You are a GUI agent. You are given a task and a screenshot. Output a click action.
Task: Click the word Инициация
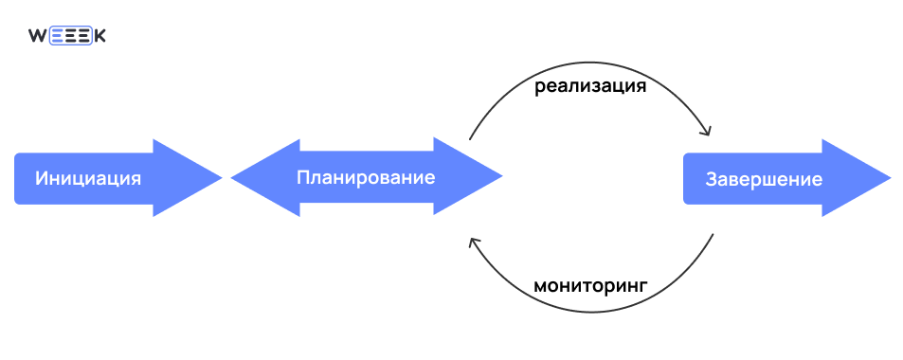tap(88, 178)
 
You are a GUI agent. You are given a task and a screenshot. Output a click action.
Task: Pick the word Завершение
tap(764, 179)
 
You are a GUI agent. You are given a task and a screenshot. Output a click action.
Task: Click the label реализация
tap(590, 87)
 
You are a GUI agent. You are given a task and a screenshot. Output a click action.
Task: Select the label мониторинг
tap(589, 284)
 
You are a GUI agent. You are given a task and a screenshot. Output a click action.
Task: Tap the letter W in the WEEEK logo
tap(38, 36)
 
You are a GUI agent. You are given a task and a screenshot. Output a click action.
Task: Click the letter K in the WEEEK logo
tap(99, 36)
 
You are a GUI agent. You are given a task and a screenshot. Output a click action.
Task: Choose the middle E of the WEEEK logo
tap(70, 36)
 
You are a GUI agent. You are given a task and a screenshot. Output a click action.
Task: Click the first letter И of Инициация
tap(43, 178)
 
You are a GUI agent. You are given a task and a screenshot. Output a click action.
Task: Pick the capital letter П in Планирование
tap(303, 177)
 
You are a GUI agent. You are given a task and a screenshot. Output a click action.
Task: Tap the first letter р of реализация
tap(539, 89)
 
